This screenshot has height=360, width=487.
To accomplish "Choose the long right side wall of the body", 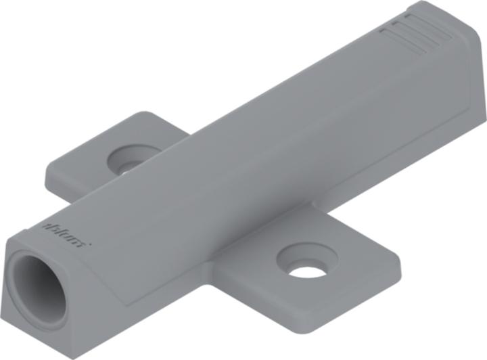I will tap(304, 196).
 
